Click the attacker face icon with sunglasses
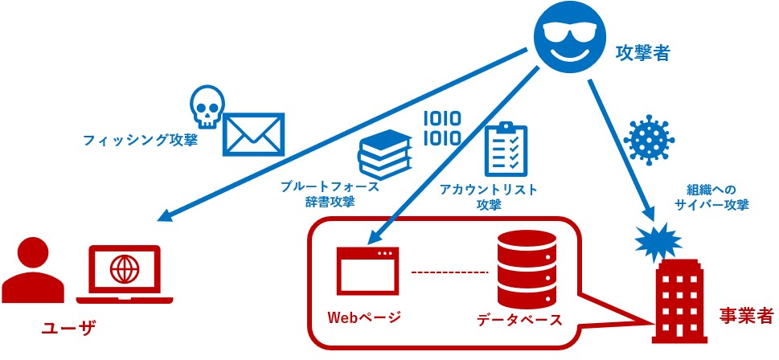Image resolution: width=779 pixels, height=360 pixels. (568, 39)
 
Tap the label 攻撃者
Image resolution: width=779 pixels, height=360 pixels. (642, 53)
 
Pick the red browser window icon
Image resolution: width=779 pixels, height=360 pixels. (366, 269)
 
